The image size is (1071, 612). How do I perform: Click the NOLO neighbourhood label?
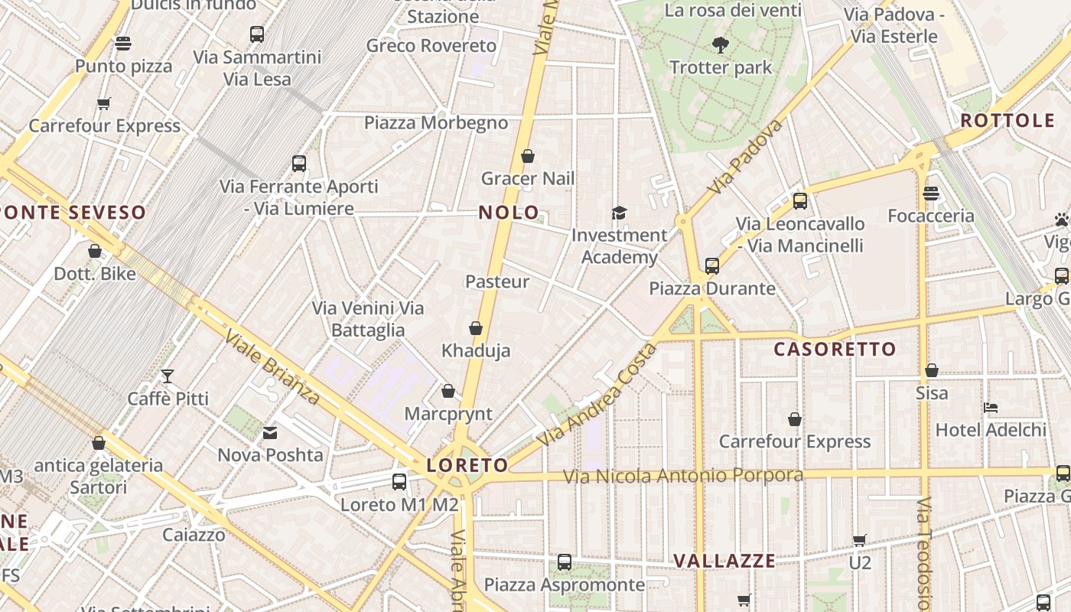pyautogui.click(x=509, y=213)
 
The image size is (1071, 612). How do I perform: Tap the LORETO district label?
pyautogui.click(x=467, y=465)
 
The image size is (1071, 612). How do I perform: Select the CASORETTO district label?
pyautogui.click(x=835, y=350)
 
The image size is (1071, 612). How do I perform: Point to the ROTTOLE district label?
pyautogui.click(x=1008, y=121)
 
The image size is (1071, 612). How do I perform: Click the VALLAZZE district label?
pyautogui.click(x=724, y=561)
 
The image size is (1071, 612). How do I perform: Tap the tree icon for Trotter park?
pyautogui.click(x=720, y=45)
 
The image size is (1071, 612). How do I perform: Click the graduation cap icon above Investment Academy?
pyautogui.click(x=619, y=213)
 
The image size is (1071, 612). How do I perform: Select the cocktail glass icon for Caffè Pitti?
pyautogui.click(x=168, y=376)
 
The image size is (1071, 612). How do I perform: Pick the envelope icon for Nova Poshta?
pyautogui.click(x=270, y=434)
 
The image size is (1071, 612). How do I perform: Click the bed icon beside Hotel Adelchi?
pyautogui.click(x=991, y=408)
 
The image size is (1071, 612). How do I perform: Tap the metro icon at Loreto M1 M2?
pyautogui.click(x=399, y=482)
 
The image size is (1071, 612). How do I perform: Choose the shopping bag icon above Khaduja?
pyautogui.click(x=476, y=329)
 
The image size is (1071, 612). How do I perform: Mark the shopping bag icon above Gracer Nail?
pyautogui.click(x=528, y=157)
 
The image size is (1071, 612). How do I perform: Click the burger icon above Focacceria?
pyautogui.click(x=931, y=194)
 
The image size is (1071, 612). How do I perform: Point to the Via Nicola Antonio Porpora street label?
pyautogui.click(x=683, y=476)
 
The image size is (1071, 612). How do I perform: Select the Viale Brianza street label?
pyautogui.click(x=272, y=367)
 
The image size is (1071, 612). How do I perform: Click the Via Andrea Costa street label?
pyautogui.click(x=597, y=396)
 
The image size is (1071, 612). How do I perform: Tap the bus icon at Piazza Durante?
pyautogui.click(x=712, y=266)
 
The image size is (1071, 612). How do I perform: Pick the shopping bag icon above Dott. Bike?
pyautogui.click(x=95, y=251)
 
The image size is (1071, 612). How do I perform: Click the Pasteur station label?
pyautogui.click(x=497, y=282)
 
